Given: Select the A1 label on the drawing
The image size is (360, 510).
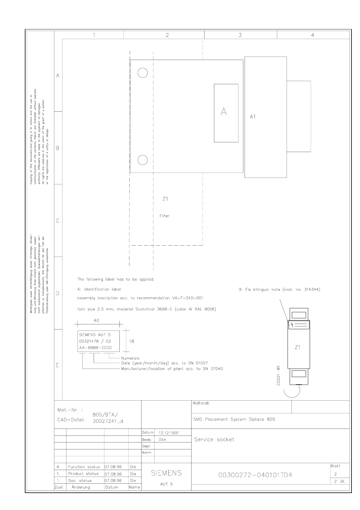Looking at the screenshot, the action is (x=253, y=117).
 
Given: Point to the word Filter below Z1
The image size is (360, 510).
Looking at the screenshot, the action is (x=165, y=216).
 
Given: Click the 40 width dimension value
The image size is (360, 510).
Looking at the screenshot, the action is (x=96, y=320).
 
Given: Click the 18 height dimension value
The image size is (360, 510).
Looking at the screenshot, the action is (x=132, y=341).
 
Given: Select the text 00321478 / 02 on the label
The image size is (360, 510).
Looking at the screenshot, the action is (x=95, y=341).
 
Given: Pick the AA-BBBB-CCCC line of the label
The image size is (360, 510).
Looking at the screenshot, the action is (x=96, y=348).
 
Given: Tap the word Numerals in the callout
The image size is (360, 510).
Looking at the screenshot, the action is (x=130, y=358).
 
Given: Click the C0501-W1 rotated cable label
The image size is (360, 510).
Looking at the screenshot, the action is (x=278, y=376).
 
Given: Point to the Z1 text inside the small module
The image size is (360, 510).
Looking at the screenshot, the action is (x=298, y=347).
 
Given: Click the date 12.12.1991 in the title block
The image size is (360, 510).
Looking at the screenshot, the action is (x=169, y=433).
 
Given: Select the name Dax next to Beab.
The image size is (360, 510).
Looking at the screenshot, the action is (x=162, y=439).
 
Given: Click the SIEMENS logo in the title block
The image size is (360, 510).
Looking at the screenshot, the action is (x=166, y=473).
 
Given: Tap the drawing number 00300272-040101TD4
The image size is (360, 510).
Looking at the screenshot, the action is (x=255, y=475).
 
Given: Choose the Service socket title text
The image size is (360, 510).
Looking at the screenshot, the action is (x=214, y=439).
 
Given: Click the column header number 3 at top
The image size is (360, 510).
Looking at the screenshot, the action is (x=240, y=35).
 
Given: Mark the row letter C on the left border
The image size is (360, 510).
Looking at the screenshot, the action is (x=58, y=220).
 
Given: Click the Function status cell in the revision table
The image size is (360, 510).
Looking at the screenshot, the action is (x=84, y=467).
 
